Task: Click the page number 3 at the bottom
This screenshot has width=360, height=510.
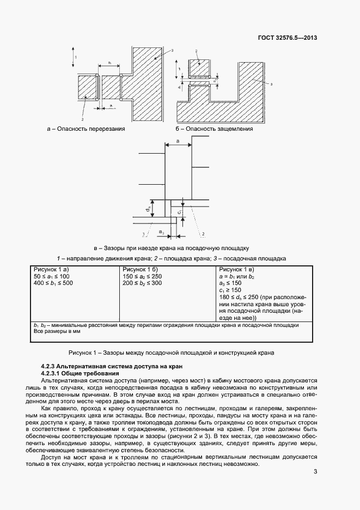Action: coord(315,472)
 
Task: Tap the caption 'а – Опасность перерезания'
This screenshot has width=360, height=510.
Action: coord(87,129)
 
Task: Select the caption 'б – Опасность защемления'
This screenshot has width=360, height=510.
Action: coord(214,129)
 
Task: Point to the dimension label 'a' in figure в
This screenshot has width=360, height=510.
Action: coord(178,141)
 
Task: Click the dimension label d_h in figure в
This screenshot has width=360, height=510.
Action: coord(148,209)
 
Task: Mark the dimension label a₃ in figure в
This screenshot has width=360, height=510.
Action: coord(161,232)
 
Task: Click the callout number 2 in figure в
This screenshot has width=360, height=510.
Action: coord(203,234)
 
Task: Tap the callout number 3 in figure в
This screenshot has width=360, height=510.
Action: coord(143,234)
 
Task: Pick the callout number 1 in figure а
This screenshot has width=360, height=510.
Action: coord(76,57)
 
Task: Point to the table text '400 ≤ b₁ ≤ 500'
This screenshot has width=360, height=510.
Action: coord(54,283)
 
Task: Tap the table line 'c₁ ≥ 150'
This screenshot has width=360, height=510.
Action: coord(231,290)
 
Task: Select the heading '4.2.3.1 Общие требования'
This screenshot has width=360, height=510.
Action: coord(80,374)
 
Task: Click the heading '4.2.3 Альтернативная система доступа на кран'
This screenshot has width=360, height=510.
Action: coord(107,367)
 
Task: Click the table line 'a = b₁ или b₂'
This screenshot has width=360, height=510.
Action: coord(237,277)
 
